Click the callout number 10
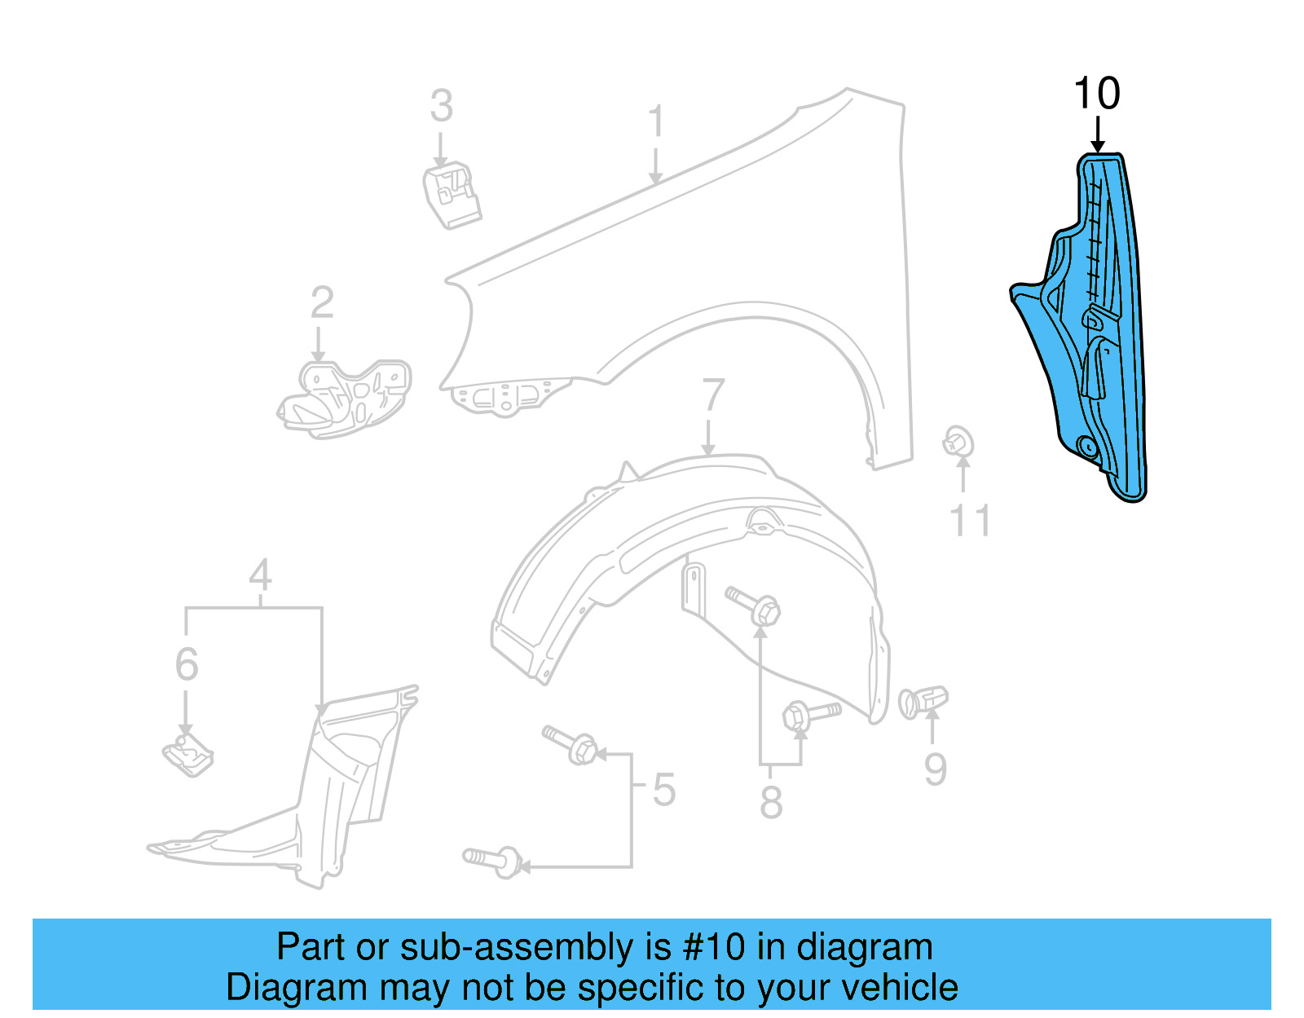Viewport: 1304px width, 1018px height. point(1097,94)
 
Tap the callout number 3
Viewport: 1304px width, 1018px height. point(441,107)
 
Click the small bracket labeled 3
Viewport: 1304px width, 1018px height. point(451,195)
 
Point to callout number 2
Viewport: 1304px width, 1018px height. point(322,303)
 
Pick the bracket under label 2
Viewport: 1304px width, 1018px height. point(346,399)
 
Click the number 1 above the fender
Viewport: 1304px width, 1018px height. point(656,122)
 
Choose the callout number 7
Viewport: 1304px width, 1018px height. point(712,395)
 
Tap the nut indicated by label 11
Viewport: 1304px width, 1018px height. point(958,443)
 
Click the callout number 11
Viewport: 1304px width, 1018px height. point(970,520)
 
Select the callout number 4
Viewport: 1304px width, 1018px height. point(260,575)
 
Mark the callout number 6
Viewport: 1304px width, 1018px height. point(187,664)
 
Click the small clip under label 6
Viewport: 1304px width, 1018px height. point(187,756)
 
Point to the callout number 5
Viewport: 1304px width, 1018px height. point(663,790)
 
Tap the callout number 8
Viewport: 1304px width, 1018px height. point(771,802)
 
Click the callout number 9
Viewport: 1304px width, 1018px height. point(935,769)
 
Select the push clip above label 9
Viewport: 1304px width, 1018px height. point(923,701)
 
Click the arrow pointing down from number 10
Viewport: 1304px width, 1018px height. point(1097,135)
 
